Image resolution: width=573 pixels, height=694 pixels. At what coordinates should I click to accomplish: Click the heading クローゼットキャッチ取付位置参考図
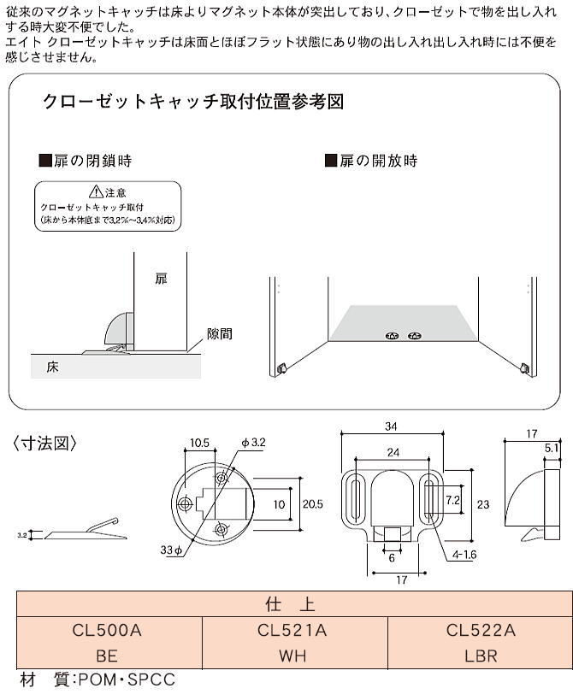pos(193,103)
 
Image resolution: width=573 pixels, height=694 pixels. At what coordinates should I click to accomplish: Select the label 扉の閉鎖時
pos(86,160)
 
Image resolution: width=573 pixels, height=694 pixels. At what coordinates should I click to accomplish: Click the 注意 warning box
pos(108,206)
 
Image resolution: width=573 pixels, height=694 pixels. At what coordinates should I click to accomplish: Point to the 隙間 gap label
pos(219,334)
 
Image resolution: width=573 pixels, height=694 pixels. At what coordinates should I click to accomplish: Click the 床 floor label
pos(53,367)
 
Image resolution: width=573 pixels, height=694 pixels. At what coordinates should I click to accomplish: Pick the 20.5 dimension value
pos(313,504)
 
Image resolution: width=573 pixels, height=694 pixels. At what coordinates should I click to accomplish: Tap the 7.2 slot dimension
pos(453,498)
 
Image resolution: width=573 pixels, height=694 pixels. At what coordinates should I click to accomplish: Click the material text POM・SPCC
pos(125,680)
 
